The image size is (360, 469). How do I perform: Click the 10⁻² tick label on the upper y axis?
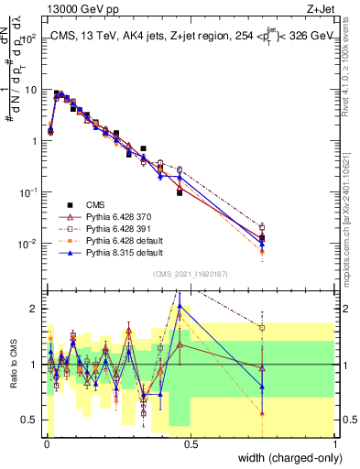[x=26, y=244]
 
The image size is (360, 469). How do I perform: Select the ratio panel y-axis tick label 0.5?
[x=27, y=420]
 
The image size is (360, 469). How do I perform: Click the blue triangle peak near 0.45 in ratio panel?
[x=180, y=308]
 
